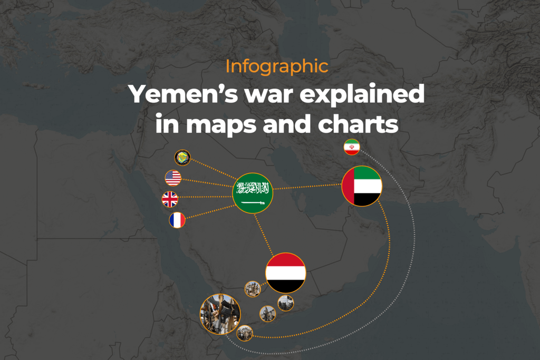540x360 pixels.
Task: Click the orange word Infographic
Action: click(276, 67)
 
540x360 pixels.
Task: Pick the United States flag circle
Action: click(173, 178)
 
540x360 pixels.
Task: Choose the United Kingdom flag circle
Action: click(170, 199)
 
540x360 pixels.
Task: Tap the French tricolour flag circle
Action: click(177, 220)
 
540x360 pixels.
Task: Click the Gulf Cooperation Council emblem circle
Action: click(182, 158)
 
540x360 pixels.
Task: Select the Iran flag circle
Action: click(352, 147)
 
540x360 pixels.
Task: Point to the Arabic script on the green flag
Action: click(253, 188)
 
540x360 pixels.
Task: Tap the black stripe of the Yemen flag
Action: click(286, 286)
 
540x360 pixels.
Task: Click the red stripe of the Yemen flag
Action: click(286, 260)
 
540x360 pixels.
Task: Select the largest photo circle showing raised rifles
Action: click(220, 314)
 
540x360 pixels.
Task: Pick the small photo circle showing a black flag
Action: click(285, 303)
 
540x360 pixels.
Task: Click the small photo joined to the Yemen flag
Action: click(253, 289)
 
